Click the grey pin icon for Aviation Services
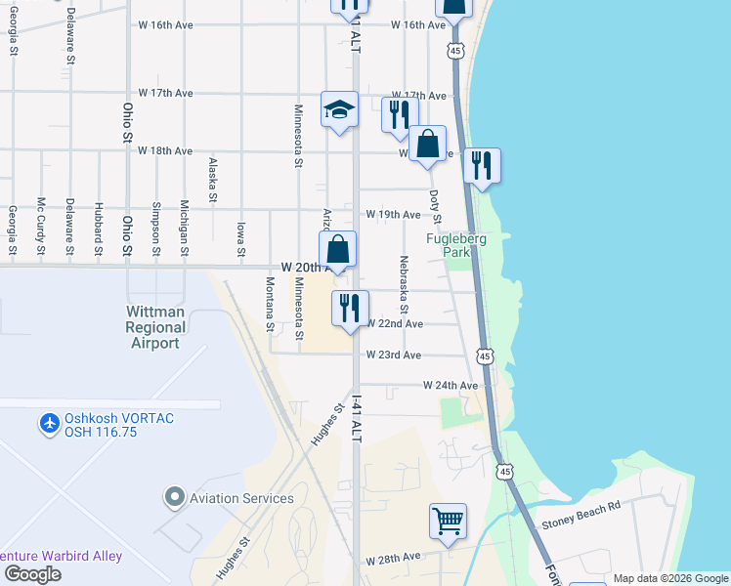(x=175, y=498)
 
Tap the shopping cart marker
(x=448, y=522)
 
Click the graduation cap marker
(x=339, y=109)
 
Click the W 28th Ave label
(x=393, y=558)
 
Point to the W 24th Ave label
(x=451, y=386)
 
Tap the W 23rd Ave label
(x=394, y=356)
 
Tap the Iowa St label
(x=240, y=240)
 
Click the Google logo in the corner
(x=31, y=574)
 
